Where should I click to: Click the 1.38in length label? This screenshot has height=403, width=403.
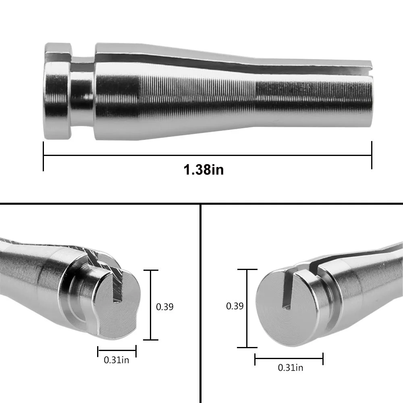(204, 170)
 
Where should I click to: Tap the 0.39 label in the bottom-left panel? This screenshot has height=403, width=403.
(165, 307)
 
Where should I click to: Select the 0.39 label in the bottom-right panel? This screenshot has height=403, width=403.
(235, 306)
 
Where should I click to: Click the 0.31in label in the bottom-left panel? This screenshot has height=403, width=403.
(116, 360)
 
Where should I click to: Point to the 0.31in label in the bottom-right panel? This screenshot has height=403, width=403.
(291, 368)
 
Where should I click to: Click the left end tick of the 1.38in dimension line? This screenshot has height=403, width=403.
(43, 156)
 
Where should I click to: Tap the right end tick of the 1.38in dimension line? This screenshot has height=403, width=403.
(372, 155)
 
